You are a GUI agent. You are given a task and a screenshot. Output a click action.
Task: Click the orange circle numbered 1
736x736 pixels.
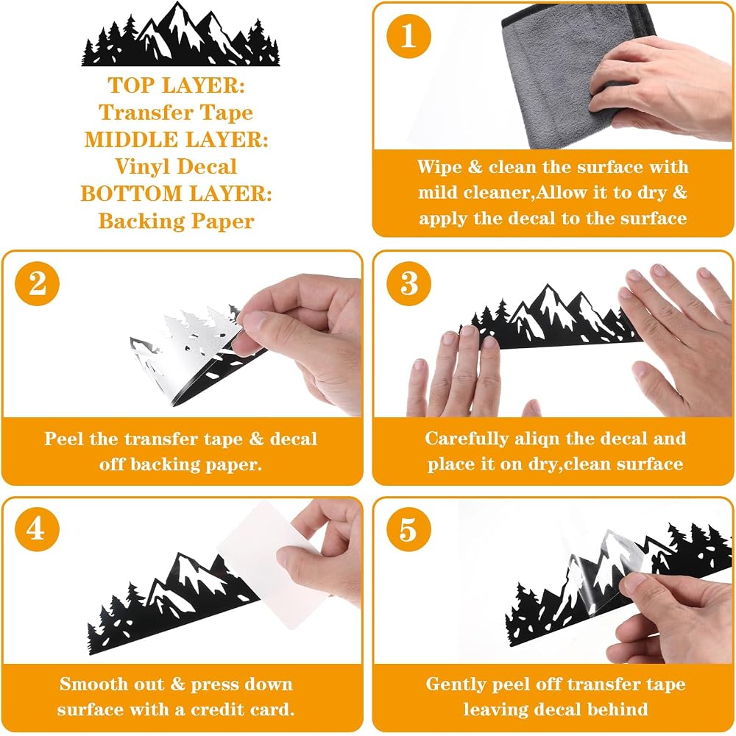click(x=408, y=36)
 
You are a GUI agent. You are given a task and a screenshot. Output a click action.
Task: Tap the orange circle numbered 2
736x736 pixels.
click(x=37, y=283)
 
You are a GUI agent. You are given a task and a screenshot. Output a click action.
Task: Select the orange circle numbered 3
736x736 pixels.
click(x=408, y=283)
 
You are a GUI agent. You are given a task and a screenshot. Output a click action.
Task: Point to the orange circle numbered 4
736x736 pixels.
click(x=37, y=529)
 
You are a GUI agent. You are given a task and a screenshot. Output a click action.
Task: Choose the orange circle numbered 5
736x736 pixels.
click(x=408, y=529)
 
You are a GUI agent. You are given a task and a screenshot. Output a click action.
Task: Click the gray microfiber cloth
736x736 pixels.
click(x=577, y=75)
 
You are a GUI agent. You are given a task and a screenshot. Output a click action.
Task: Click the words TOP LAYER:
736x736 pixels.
click(x=177, y=85)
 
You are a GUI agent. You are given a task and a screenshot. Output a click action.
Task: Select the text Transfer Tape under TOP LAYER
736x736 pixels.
click(x=176, y=113)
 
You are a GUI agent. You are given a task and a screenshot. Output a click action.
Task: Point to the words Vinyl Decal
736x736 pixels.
click(x=176, y=167)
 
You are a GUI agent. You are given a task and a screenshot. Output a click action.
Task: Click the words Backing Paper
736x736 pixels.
click(x=176, y=221)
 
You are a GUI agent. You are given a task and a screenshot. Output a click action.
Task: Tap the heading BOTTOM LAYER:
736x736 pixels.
click(x=176, y=194)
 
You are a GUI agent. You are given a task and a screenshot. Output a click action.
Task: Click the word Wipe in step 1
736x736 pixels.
click(x=439, y=167)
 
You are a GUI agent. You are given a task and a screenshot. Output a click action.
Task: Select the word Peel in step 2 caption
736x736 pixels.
click(x=65, y=439)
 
